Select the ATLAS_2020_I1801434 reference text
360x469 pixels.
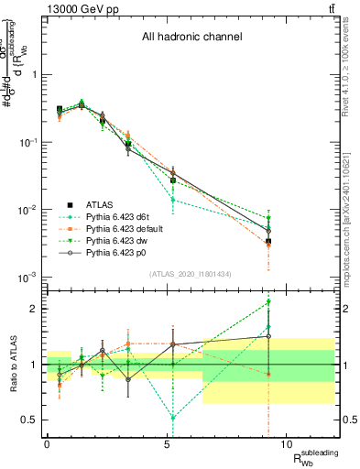pos(191,275)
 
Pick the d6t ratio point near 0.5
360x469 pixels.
pos(173,417)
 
